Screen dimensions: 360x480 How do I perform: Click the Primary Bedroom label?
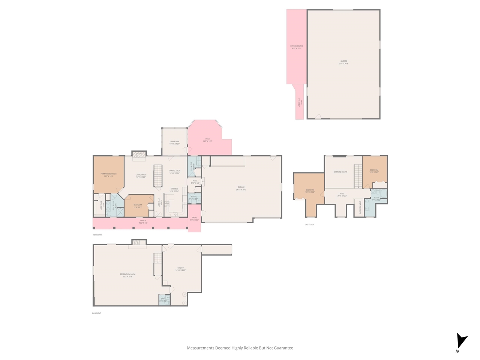pyautogui.click(x=108, y=174)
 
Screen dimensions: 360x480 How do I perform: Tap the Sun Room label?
pyautogui.click(x=174, y=142)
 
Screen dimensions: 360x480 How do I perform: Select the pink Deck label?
pyautogui.click(x=207, y=139)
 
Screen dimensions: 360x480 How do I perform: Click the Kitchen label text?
pyautogui.click(x=174, y=189)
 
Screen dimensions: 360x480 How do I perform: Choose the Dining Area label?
pyautogui.click(x=174, y=171)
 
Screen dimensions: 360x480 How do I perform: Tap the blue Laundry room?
pyautogui.click(x=192, y=166)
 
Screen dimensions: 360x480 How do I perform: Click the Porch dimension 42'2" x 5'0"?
pyautogui.click(x=143, y=223)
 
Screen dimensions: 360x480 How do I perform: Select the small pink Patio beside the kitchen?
pyautogui.click(x=194, y=218)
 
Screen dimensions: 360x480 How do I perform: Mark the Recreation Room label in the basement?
pyautogui.click(x=127, y=274)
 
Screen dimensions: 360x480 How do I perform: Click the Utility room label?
pyautogui.click(x=181, y=268)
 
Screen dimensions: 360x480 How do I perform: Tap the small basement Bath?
pyautogui.click(x=164, y=300)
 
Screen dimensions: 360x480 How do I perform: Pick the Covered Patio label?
pyautogui.click(x=296, y=46)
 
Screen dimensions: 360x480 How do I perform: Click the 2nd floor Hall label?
pyautogui.click(x=342, y=194)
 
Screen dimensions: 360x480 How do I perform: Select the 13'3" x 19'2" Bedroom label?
pyautogui.click(x=310, y=190)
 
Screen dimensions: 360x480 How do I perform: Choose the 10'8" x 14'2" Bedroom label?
pyautogui.click(x=374, y=170)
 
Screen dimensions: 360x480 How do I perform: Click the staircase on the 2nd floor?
pyautogui.click(x=358, y=176)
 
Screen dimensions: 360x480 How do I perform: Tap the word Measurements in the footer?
pyautogui.click(x=201, y=348)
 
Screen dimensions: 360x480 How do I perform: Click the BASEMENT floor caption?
pyautogui.click(x=97, y=313)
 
